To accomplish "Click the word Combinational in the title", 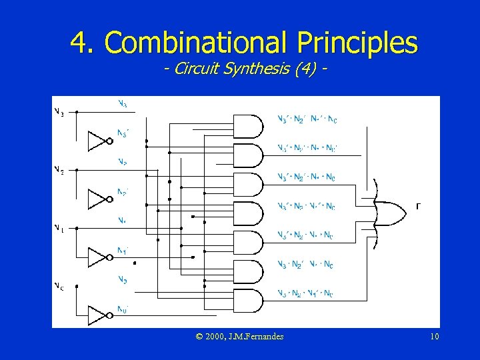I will click(193, 43).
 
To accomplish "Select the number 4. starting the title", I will click(84, 43).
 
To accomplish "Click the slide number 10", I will click(434, 337).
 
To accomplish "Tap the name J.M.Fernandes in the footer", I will click(255, 337).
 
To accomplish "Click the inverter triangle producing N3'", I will click(99, 141).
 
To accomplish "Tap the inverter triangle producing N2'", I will click(99, 199).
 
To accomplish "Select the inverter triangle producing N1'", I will click(99, 257).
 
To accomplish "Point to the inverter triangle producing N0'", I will click(99, 315).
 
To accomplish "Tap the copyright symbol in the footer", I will click(200, 337).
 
